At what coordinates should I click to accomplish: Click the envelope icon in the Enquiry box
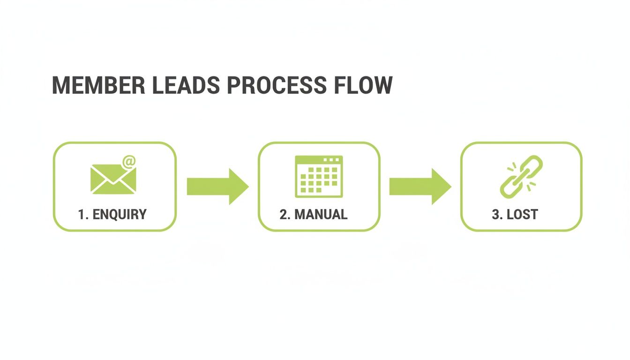pyautogui.click(x=112, y=180)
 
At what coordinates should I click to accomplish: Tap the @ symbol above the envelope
pyautogui.click(x=129, y=162)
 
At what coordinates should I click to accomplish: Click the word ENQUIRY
pyautogui.click(x=120, y=215)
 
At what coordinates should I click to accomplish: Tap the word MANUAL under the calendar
pyautogui.click(x=321, y=215)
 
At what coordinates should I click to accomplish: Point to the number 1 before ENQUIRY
pyautogui.click(x=81, y=215)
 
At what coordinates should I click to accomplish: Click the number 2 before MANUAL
pyautogui.click(x=283, y=215)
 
